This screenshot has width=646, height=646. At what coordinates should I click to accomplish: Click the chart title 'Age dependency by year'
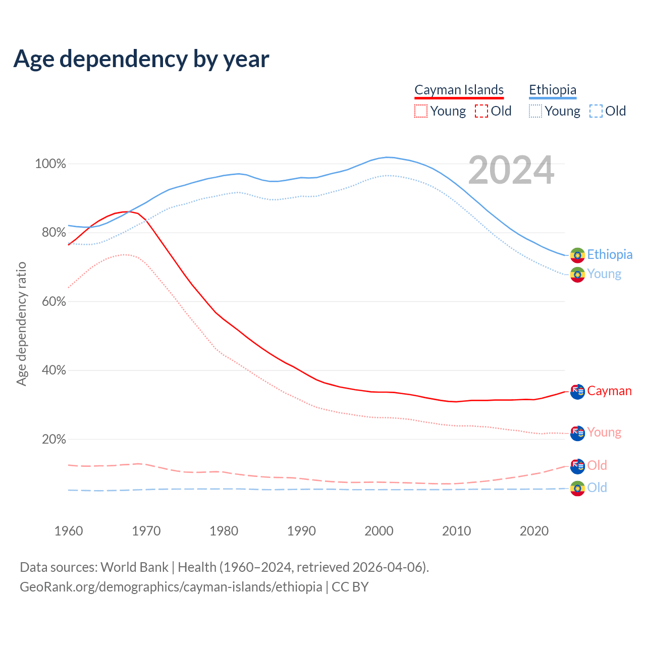pos(141,59)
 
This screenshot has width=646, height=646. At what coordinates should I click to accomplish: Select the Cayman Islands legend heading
pos(459,90)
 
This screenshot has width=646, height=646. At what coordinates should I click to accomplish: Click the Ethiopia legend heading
pos(553,90)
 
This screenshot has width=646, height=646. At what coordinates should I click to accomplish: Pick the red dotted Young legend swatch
pos(420,111)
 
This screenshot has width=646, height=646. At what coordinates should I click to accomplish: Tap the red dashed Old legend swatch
pos(481,111)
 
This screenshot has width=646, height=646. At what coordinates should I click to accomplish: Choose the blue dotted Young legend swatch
pos(535,111)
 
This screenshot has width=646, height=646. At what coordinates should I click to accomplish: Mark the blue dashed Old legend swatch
pos(596,111)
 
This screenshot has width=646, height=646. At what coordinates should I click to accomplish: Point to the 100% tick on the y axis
pos(50,164)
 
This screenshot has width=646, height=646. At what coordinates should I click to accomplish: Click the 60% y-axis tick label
pos(53,302)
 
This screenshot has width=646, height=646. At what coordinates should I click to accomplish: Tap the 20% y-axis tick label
pos(53,440)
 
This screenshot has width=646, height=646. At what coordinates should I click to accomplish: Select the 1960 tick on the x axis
pos(69,531)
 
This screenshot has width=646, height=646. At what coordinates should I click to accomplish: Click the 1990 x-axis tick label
pos(301,531)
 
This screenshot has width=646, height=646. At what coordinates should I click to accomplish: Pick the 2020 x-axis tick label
pos(534,531)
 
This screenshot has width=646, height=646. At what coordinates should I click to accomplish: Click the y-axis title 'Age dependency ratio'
pos(21,324)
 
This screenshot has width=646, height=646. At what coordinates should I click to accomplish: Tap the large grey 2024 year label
pos(511,171)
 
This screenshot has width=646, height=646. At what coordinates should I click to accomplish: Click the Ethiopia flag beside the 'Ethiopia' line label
pos(577,255)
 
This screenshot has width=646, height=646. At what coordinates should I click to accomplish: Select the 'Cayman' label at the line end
pos(609,391)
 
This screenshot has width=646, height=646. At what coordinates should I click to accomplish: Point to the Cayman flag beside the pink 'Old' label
pos(577,466)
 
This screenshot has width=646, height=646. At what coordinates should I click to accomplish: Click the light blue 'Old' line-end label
pos(597,488)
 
